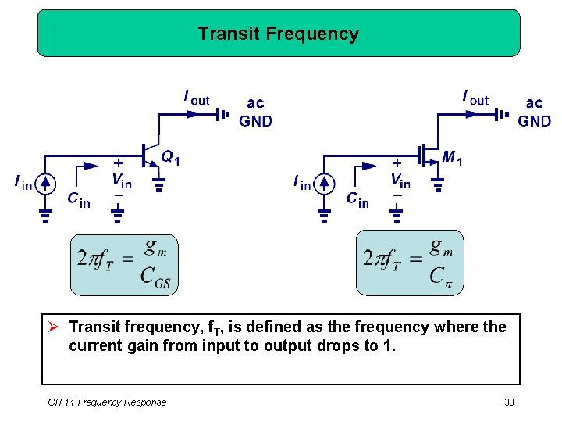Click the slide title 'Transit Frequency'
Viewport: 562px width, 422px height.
278,34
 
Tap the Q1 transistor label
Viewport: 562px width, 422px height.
170,158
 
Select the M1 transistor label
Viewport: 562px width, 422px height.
452,158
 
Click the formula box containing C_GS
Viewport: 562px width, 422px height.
124,265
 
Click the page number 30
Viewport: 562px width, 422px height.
510,402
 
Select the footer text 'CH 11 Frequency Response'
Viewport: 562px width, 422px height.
107,402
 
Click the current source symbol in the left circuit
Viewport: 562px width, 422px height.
45,184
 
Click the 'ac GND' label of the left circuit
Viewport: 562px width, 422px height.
255,112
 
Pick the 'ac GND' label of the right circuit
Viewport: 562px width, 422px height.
535,112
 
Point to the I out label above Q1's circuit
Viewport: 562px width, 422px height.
196,98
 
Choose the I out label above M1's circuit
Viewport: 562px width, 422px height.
475,98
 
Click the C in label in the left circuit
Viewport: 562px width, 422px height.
78,200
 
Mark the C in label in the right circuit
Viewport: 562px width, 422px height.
357,200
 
